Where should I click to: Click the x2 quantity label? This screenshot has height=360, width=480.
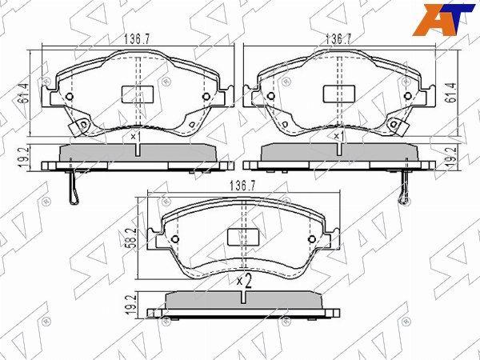(x=244, y=280)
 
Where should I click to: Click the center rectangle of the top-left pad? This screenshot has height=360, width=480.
(x=134, y=94)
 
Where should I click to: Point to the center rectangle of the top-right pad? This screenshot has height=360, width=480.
(x=336, y=94)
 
